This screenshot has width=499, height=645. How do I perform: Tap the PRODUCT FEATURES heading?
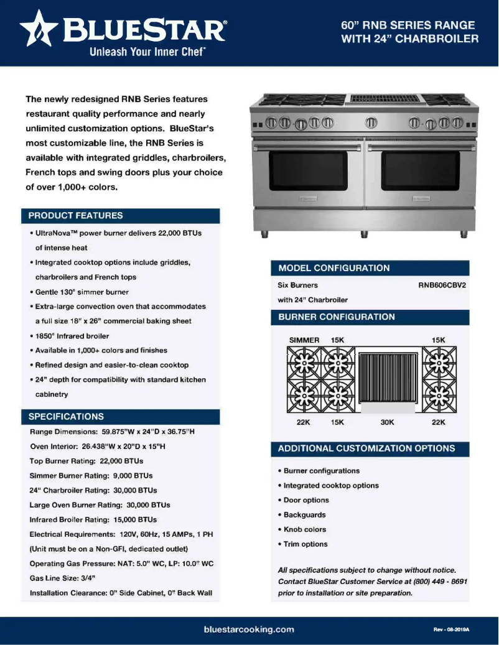point(75,216)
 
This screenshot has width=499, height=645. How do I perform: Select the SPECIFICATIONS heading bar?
point(67,417)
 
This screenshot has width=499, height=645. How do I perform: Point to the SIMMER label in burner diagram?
point(304,340)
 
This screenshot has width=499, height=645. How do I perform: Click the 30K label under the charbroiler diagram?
point(387,422)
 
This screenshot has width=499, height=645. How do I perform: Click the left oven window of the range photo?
point(308,170)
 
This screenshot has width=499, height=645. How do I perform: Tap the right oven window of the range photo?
point(420,170)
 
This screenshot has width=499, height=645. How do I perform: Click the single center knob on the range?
point(370,122)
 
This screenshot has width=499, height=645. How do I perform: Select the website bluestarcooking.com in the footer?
point(249,629)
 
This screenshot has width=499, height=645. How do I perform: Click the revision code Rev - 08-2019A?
point(451,630)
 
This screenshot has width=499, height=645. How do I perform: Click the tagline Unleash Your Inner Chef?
point(147,52)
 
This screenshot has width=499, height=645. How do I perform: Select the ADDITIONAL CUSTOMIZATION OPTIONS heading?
point(366,448)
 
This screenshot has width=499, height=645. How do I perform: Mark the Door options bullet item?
point(306,500)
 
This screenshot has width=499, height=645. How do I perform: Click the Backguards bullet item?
point(304,515)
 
